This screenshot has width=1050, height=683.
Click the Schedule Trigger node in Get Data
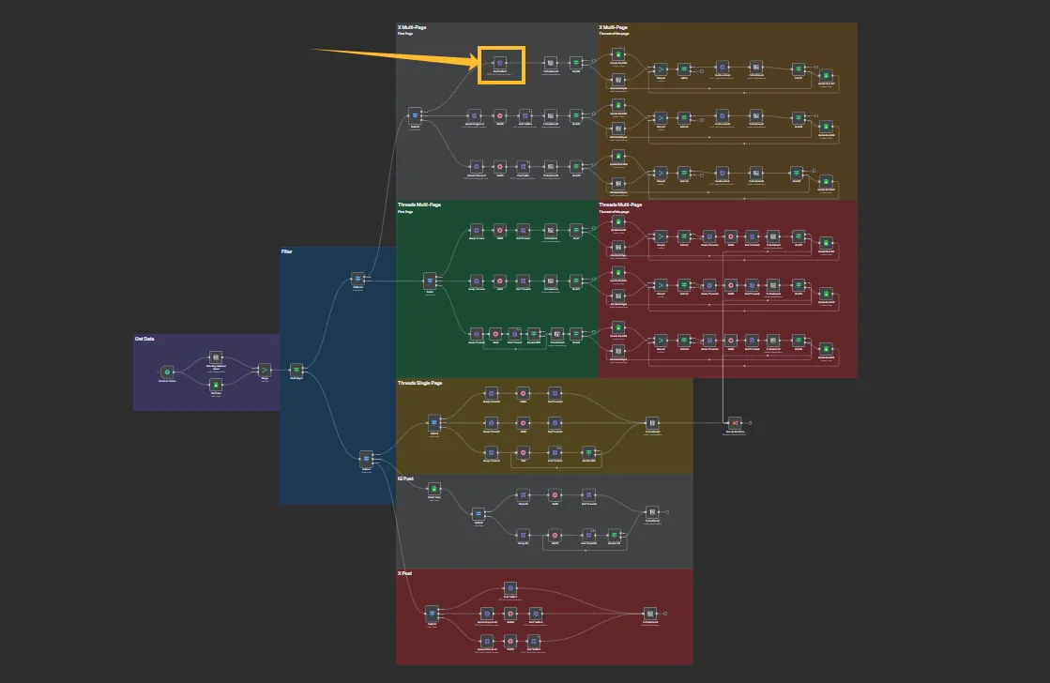tap(168, 372)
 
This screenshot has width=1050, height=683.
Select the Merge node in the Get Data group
tap(265, 371)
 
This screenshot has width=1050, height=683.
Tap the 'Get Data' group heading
tap(145, 339)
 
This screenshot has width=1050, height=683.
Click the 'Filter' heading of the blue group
tap(287, 251)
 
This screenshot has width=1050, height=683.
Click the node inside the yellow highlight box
tap(501, 64)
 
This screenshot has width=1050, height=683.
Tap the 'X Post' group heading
tap(405, 572)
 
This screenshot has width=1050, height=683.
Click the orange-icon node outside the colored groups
tap(735, 423)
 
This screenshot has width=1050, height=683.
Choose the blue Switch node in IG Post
tap(479, 513)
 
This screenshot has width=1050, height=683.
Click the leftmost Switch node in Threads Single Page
tap(434, 422)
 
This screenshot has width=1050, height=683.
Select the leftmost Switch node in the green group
tap(430, 280)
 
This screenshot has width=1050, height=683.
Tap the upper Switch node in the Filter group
tap(358, 279)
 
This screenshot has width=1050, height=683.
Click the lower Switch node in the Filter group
tap(367, 458)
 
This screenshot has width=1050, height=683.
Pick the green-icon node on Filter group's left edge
tap(297, 371)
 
